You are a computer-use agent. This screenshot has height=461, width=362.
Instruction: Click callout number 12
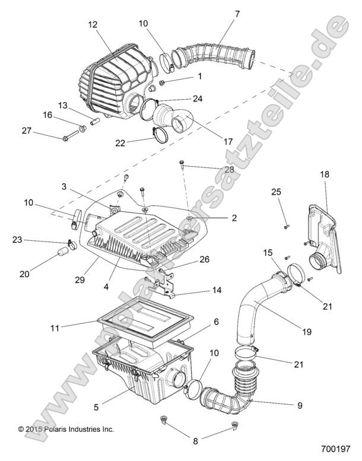pyautogui.click(x=92, y=24)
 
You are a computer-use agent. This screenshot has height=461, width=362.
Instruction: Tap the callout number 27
pyautogui.click(x=26, y=130)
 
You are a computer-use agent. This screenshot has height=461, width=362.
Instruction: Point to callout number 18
pyautogui.click(x=324, y=174)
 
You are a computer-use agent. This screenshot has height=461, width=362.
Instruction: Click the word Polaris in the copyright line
pyautogui.click(x=56, y=429)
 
